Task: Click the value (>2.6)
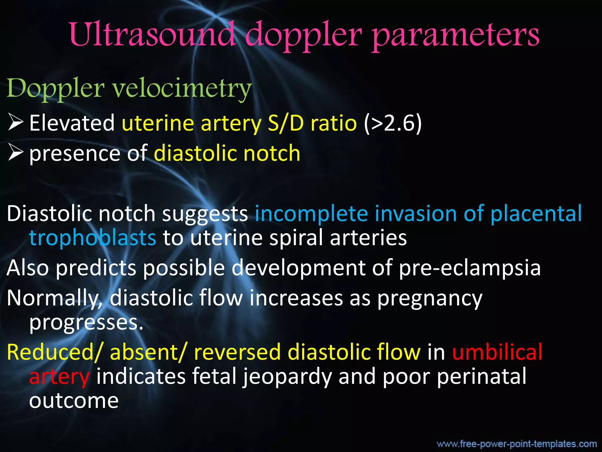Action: click(x=393, y=123)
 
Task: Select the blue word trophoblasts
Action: click(x=93, y=238)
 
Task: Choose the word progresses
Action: click(x=86, y=323)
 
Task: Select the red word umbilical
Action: click(x=497, y=352)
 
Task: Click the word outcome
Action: click(x=74, y=401)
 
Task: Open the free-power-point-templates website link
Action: click(x=516, y=444)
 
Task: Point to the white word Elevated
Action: click(x=72, y=123)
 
